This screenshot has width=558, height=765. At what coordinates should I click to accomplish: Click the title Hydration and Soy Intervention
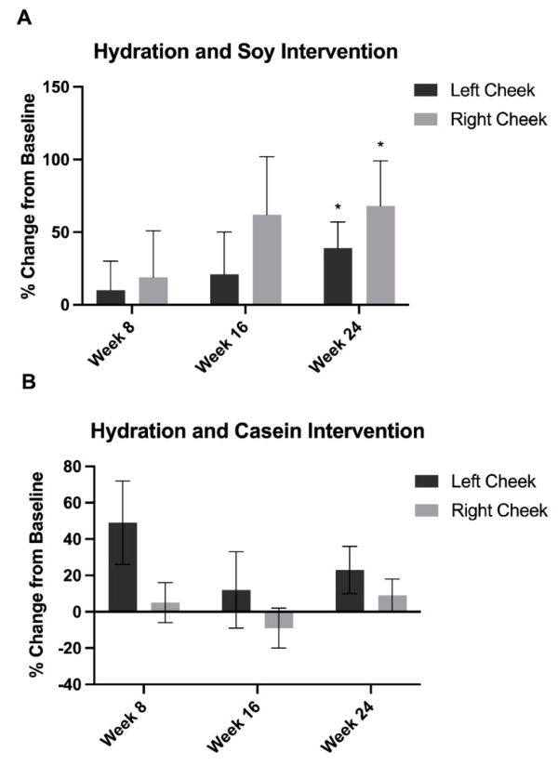246,52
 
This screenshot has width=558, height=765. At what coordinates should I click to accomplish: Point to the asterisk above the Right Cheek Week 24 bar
380,145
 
